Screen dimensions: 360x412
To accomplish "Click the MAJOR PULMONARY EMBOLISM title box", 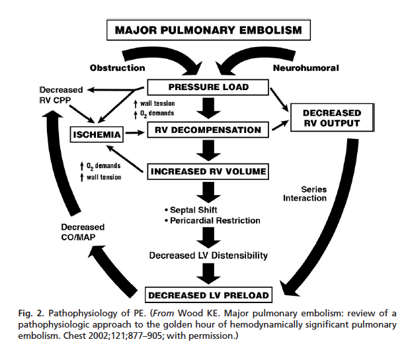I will pos(208,30).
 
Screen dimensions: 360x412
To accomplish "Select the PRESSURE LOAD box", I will pos(208,86).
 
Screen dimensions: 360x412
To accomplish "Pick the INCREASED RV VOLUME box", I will pos(208,172).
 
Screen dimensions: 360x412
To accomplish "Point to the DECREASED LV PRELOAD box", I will pos(208,294).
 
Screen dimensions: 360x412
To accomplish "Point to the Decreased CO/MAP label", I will pos(79,232).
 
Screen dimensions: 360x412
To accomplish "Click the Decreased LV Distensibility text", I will pos(208,255).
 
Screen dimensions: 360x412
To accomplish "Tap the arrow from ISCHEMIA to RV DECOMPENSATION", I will pos(136,133).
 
